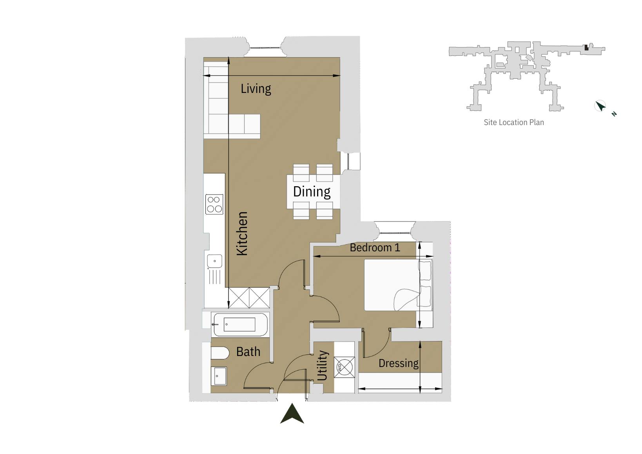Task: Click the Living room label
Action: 256,89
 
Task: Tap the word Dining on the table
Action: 312,191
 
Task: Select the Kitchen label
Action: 242,234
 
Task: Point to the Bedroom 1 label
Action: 375,247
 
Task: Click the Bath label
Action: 248,352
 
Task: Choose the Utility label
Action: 322,365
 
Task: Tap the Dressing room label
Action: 398,363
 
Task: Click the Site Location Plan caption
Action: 513,122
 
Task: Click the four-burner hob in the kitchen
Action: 214,204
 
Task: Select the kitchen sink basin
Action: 214,261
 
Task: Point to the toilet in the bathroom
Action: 219,353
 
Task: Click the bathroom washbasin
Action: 218,376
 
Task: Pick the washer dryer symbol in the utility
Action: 344,367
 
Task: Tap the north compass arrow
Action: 600,106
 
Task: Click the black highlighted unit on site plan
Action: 586,47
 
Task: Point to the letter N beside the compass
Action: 614,114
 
